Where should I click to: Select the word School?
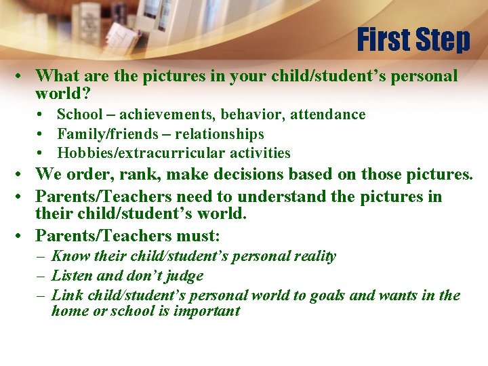point(79,115)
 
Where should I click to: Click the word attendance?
point(328,115)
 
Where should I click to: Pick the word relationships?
point(220,134)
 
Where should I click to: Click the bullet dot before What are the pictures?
point(23,77)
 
